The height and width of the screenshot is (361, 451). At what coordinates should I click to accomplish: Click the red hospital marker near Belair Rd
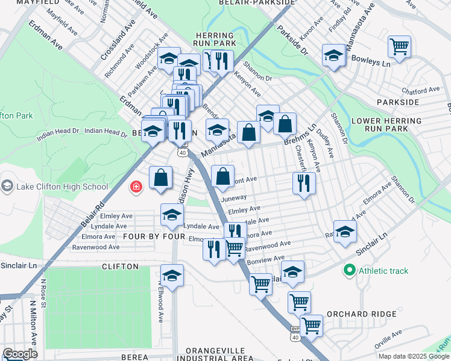(137, 187)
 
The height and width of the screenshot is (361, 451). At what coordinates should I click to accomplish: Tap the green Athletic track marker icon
(348, 271)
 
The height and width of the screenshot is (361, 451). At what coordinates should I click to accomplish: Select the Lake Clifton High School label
(62, 187)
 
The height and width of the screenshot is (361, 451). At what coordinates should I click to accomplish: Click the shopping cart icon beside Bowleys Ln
(399, 46)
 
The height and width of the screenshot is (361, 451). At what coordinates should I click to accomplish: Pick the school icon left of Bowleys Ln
(333, 56)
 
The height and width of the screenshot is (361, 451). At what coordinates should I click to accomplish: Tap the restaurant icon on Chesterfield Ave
(304, 182)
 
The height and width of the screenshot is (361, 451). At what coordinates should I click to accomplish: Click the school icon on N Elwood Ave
(172, 275)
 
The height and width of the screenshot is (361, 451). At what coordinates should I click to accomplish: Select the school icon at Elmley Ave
(172, 215)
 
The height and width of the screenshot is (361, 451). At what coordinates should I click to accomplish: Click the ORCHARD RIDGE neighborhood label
(362, 314)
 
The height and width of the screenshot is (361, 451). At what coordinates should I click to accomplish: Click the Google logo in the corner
(19, 354)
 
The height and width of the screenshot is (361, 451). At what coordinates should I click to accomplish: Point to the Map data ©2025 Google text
(414, 356)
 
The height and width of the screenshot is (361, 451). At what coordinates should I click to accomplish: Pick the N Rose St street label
(44, 292)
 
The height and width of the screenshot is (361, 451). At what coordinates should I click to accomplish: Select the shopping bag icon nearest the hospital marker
(160, 178)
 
